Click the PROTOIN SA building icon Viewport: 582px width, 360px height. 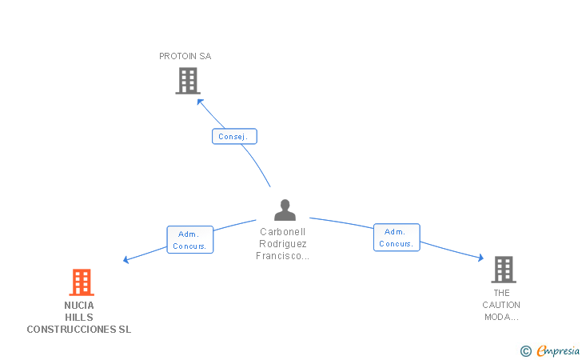click(187, 81)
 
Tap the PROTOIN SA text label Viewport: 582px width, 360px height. click(185, 56)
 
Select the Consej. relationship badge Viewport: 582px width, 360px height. click(234, 136)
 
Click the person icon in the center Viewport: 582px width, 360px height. click(285, 210)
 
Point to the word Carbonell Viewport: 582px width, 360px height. click(283, 231)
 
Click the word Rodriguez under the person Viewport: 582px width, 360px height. click(283, 244)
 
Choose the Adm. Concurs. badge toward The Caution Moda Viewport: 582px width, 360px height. click(397, 238)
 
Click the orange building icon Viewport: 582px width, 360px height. click(81, 282)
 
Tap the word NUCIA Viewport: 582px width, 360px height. click(79, 305)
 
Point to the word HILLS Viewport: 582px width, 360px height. click(79, 317)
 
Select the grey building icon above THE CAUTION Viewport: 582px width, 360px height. click(503, 270)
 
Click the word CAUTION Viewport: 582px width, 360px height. click(501, 305)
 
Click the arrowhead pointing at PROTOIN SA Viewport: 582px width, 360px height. click(201, 102)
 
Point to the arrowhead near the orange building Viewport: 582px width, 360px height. click(126, 260)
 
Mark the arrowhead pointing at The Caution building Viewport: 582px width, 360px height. click(480, 258)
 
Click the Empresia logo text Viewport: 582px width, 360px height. click(557, 350)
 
